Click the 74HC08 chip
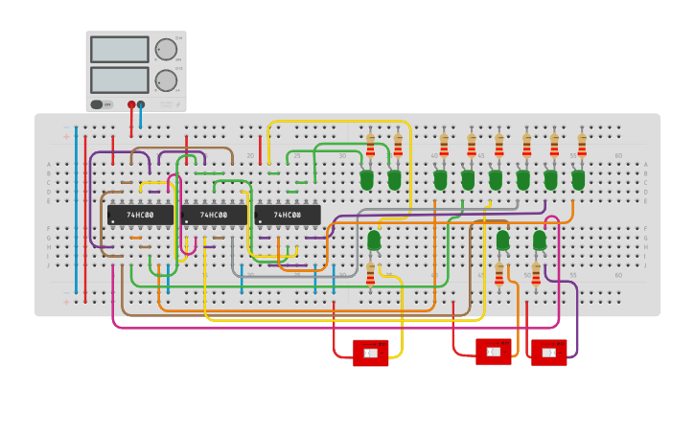(288, 215)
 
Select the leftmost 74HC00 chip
(140, 215)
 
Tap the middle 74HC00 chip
(214, 215)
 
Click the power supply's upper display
(120, 49)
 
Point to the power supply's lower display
(120, 79)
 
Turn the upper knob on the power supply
(166, 49)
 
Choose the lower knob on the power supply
(166, 80)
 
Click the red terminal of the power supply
(131, 104)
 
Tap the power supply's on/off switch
(97, 104)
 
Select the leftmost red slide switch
(370, 353)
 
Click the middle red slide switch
(493, 352)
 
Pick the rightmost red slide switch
(548, 353)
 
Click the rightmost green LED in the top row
(578, 179)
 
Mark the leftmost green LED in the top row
(366, 179)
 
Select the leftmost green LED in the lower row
(374, 240)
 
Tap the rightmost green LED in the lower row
(539, 240)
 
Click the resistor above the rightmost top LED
(582, 145)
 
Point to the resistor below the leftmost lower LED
(371, 274)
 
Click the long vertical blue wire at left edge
(76, 211)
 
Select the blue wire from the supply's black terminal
(140, 117)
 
